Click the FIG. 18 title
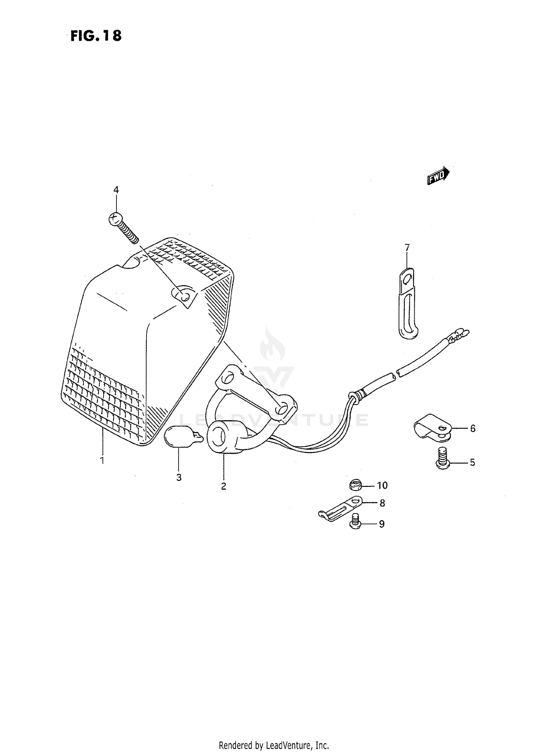coord(96,36)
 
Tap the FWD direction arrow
coord(438,176)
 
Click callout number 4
coord(116,190)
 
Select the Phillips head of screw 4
coord(115,219)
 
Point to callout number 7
coord(407,248)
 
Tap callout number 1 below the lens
coord(102,460)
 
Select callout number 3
coord(179,477)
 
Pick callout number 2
coord(224,486)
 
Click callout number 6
coord(473,428)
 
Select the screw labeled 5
coord(443,458)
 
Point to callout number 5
coord(472,463)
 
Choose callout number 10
coord(382,485)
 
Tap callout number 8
coord(382,503)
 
